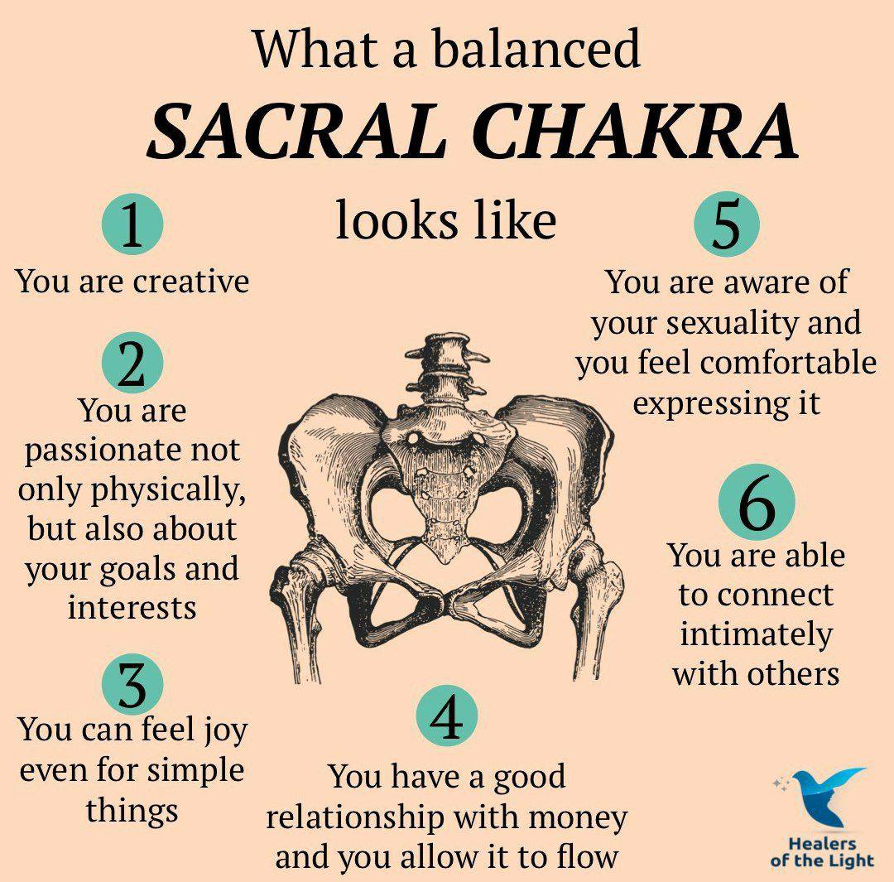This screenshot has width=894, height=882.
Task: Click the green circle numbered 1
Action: click(132, 224)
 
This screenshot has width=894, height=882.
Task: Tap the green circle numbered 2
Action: click(132, 362)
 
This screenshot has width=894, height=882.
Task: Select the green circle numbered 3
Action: click(132, 684)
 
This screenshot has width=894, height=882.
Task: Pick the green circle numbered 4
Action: click(446, 716)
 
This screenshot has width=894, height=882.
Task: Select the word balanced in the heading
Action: click(536, 48)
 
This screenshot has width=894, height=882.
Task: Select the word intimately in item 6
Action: click(756, 635)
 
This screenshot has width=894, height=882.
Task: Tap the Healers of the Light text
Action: click(822, 851)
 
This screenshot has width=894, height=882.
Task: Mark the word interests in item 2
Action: click(132, 607)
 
